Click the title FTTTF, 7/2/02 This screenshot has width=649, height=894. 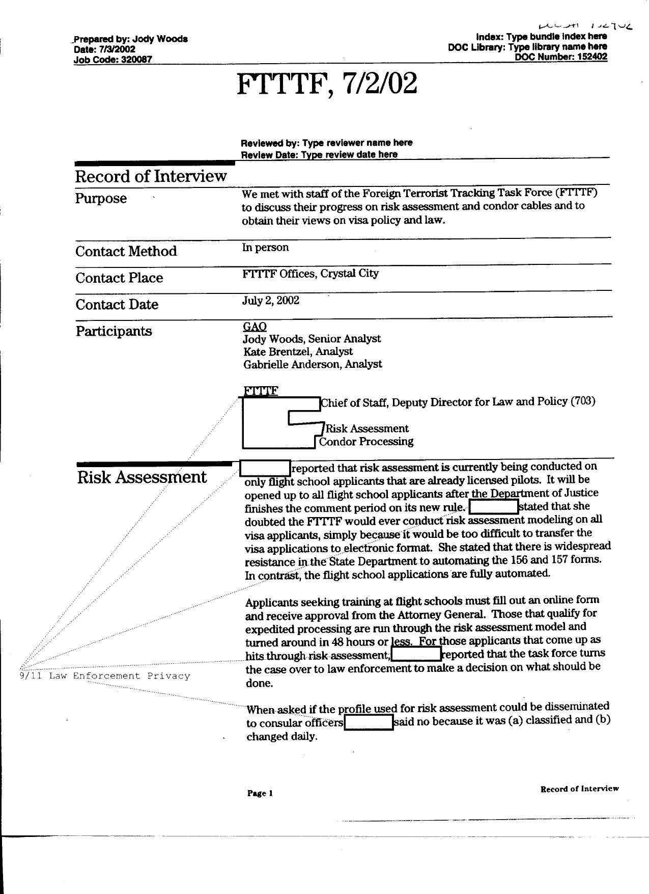point(327,84)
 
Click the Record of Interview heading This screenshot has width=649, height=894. point(151,176)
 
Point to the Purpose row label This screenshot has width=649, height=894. point(101,198)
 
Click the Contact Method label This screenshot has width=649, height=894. point(126,251)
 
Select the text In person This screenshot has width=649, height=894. point(265,248)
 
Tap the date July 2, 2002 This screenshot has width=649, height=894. point(270,300)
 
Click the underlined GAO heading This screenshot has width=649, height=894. point(255,326)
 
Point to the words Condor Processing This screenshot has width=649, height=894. point(366,442)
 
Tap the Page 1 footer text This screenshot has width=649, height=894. point(260,793)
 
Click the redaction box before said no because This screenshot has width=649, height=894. point(369,722)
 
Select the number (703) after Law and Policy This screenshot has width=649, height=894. point(583,401)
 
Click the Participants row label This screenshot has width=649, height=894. point(114,331)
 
